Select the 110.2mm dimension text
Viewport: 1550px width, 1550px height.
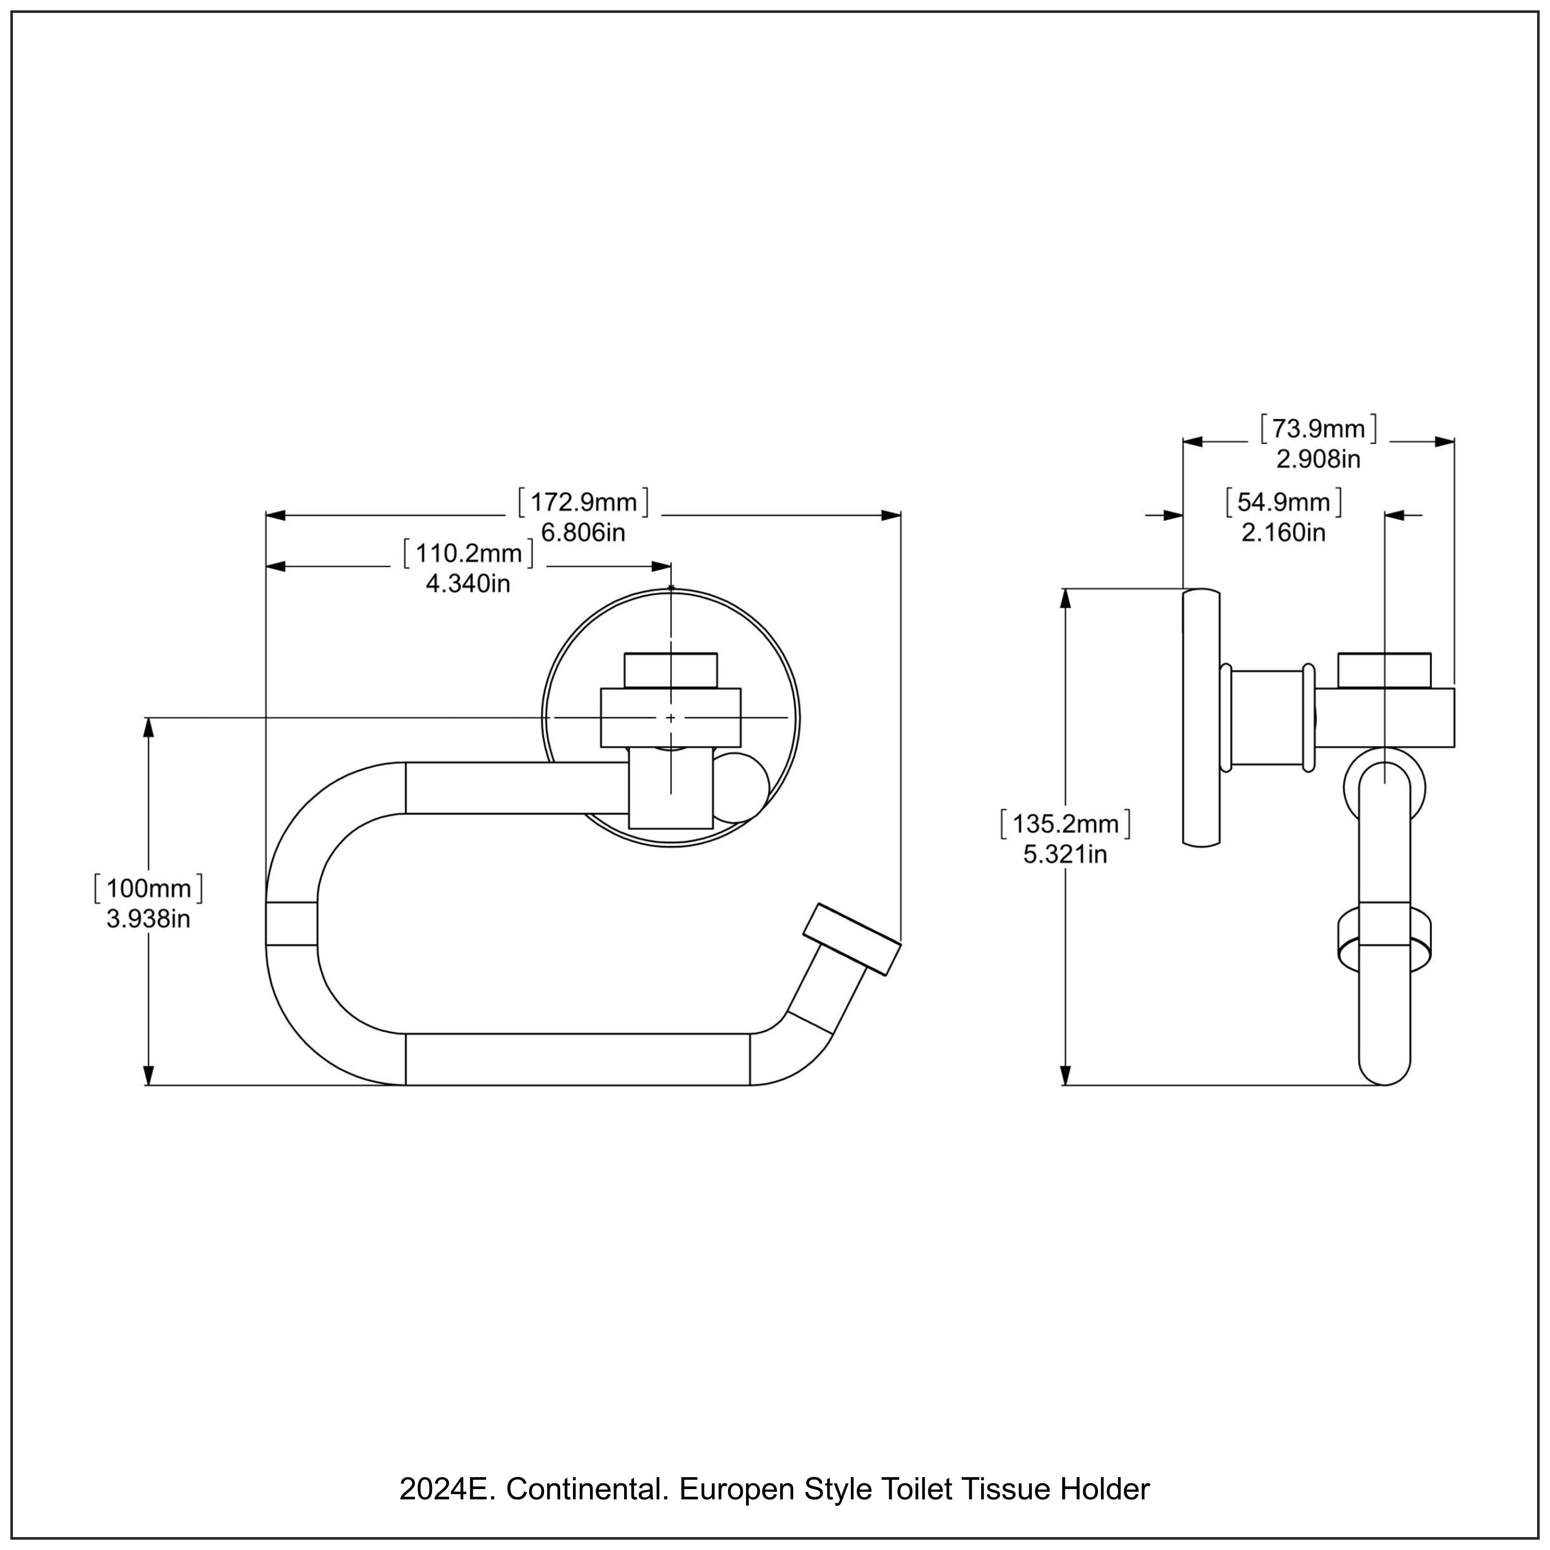469,553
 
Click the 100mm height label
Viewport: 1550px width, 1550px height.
148,889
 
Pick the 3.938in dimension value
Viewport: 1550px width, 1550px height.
148,919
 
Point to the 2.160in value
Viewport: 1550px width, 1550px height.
1283,533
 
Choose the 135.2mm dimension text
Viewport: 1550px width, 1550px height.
1065,824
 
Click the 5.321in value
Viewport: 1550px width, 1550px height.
1065,855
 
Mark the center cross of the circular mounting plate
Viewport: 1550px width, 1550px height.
671,718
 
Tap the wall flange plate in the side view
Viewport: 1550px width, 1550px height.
1201,717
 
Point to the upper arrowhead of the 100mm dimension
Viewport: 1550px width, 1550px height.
148,726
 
